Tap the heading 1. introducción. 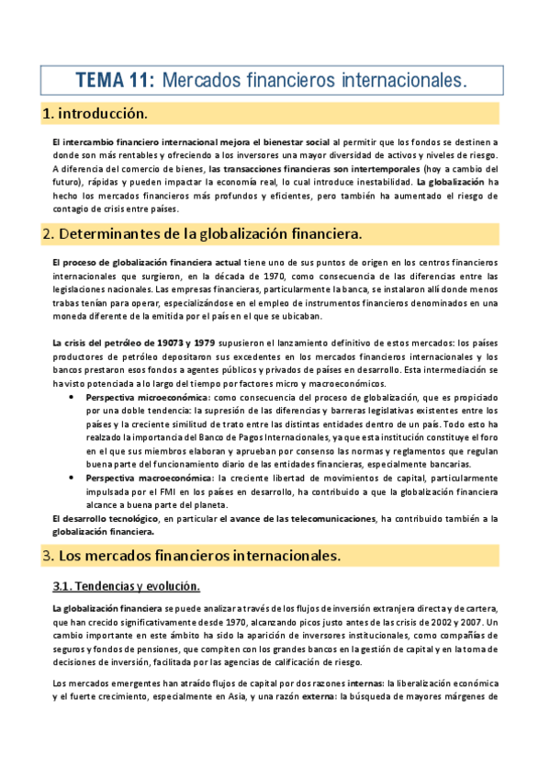click(95, 114)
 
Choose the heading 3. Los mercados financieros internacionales click(192, 556)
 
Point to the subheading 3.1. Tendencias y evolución click(127, 586)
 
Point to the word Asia click(222, 696)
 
